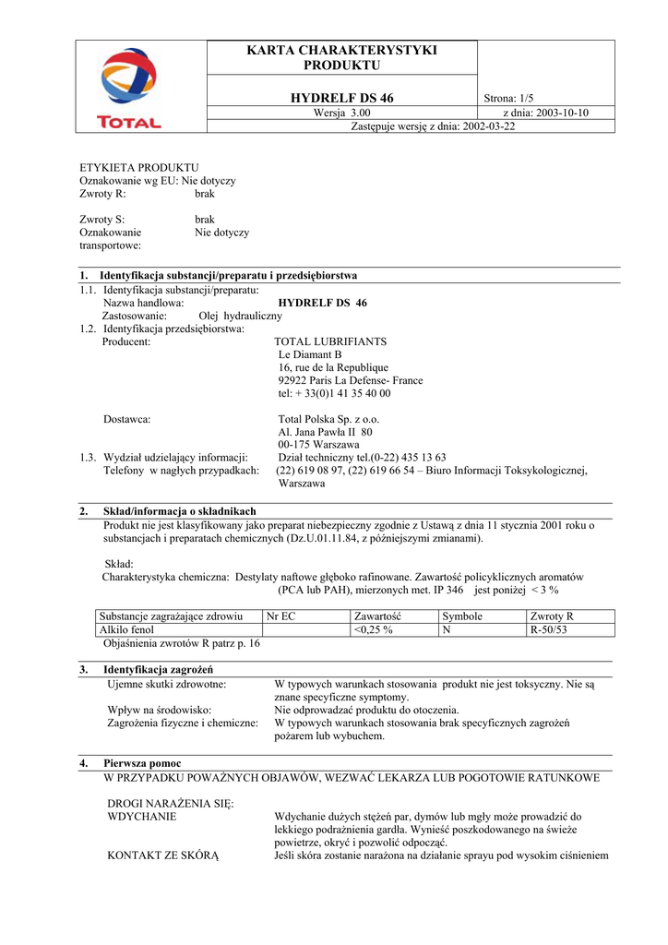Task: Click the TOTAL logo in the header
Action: coord(129,89)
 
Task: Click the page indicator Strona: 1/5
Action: coord(508,99)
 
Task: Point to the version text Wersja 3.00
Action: coord(342,113)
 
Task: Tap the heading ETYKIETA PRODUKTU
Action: coord(139,167)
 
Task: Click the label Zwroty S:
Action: coord(101,220)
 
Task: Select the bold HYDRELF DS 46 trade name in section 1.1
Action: coord(322,303)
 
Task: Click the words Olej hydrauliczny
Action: coord(240,316)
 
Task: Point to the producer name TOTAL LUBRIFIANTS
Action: coord(330,341)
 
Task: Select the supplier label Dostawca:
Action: coord(127,419)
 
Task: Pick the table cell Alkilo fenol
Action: coord(127,629)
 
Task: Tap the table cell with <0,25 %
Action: coord(374,629)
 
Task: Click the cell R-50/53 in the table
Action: coord(548,629)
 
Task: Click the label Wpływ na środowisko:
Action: coord(160,710)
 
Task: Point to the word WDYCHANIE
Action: coord(142,817)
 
